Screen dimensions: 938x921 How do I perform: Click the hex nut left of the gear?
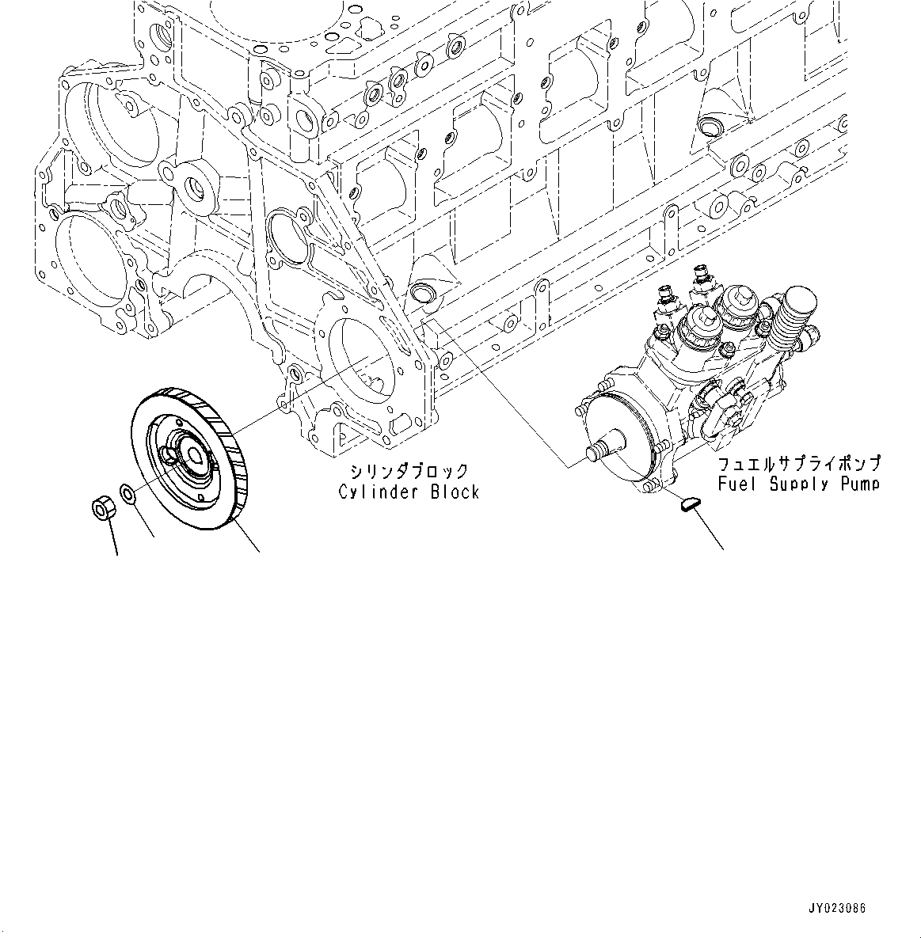pos(104,507)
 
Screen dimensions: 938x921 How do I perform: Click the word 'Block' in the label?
pos(455,492)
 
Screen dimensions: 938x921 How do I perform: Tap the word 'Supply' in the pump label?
pos(801,484)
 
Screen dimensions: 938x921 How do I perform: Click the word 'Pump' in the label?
pos(860,484)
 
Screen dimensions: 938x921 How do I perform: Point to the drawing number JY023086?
pos(837,908)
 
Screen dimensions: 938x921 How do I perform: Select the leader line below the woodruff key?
pos(710,530)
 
